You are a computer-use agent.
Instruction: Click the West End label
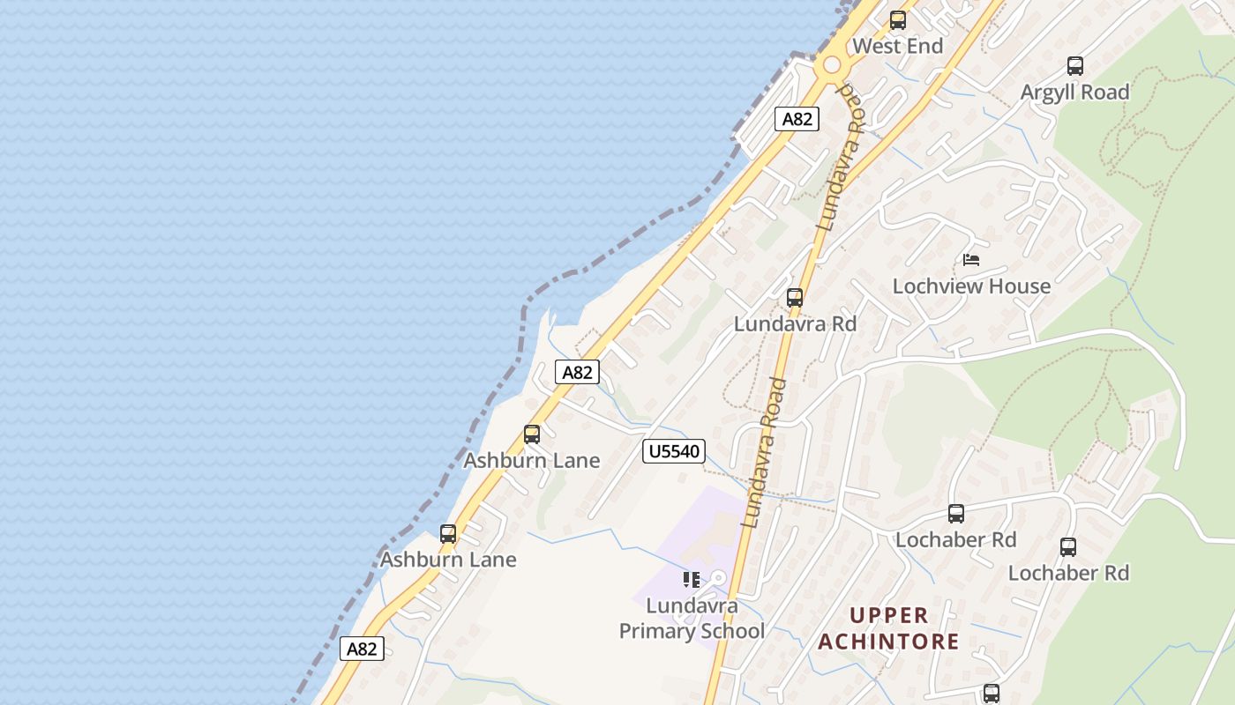click(x=898, y=46)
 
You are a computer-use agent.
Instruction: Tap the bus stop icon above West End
click(x=897, y=19)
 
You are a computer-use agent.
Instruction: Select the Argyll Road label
click(x=1074, y=92)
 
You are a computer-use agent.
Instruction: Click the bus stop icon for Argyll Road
click(x=1074, y=65)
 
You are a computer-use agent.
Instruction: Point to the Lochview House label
click(x=971, y=286)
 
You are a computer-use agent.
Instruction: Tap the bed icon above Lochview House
click(x=971, y=260)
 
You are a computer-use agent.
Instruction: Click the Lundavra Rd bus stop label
click(x=795, y=323)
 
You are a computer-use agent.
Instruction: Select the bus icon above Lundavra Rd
click(x=795, y=298)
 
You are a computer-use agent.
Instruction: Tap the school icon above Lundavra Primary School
click(x=692, y=579)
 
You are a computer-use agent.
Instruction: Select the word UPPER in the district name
click(x=888, y=615)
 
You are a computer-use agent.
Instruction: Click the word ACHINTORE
click(x=888, y=641)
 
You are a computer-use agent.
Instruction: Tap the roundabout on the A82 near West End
click(x=830, y=65)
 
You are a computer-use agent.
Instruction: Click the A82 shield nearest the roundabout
click(x=797, y=119)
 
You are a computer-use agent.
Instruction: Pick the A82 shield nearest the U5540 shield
click(x=578, y=372)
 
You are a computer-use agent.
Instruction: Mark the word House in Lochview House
click(x=1019, y=286)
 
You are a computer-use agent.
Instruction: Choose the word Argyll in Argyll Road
click(x=1048, y=92)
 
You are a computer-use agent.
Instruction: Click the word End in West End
click(x=926, y=46)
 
